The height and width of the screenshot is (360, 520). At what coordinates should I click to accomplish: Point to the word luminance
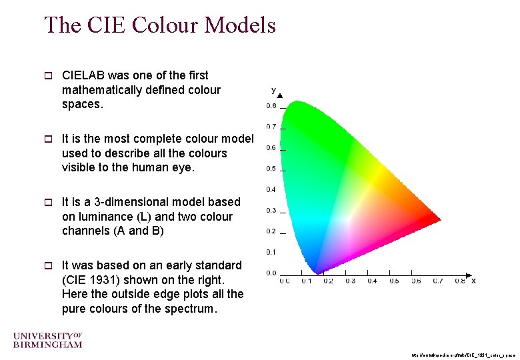pos(104,217)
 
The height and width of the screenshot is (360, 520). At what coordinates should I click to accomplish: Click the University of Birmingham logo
pos(47,339)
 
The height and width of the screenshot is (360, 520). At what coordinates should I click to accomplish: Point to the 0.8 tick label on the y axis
pos(272,106)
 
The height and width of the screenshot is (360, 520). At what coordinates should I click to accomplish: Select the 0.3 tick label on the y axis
pos(272,211)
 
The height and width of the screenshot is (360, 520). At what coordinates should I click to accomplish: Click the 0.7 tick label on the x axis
pos(438,281)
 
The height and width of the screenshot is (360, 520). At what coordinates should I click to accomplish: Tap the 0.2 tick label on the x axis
pos(328,281)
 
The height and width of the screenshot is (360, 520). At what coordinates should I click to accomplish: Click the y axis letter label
pos(273,89)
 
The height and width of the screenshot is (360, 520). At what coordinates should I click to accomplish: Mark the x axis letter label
pos(473,281)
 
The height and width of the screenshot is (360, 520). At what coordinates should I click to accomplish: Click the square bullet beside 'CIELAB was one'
pos(47,76)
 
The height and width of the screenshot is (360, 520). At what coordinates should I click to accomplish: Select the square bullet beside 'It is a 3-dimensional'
pos(47,202)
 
